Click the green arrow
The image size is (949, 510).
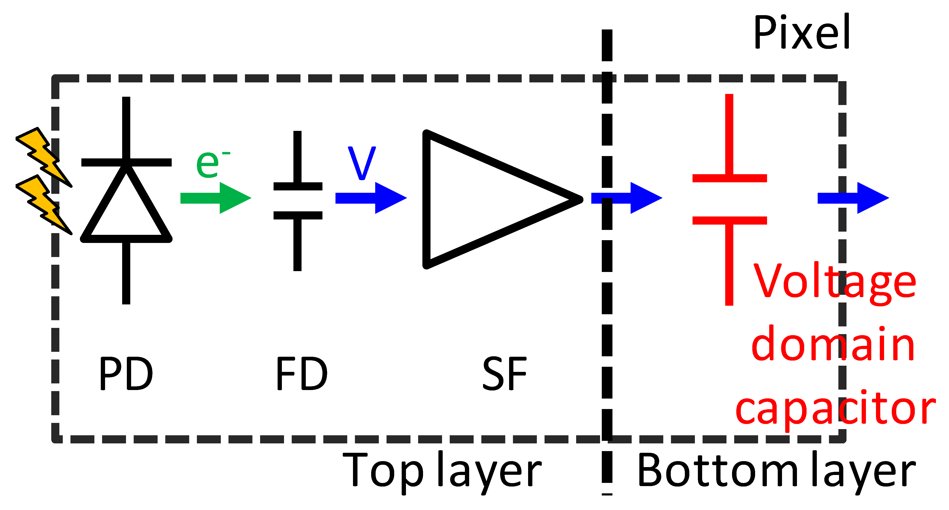tap(215, 198)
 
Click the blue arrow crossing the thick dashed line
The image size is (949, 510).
tap(626, 198)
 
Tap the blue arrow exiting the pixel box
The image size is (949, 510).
tap(853, 198)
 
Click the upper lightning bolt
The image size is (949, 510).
tap(44, 156)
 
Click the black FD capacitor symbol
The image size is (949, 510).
tap(298, 201)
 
